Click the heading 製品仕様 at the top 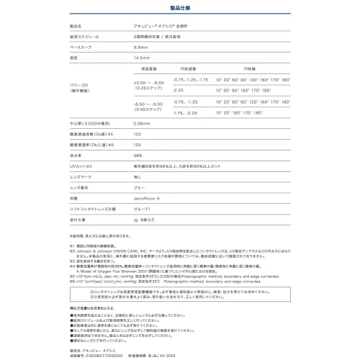pos(179,9)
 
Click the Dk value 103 pos(138,135)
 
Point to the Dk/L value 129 pos(138,145)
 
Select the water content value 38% pos(138,156)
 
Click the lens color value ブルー pos(140,186)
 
